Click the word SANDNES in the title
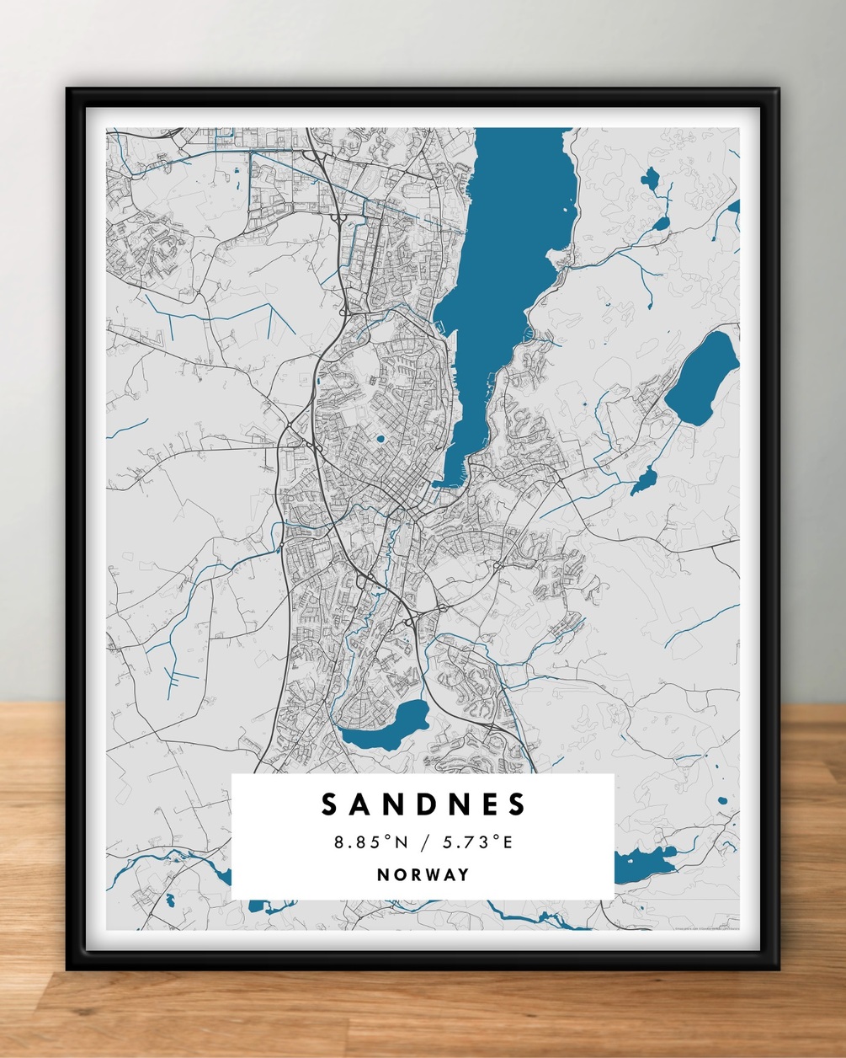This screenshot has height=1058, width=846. pos(423,804)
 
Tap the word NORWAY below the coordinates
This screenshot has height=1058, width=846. pos(423,874)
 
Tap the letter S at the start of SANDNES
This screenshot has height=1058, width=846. pos(330,804)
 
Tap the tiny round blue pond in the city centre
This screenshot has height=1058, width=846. pos(380,438)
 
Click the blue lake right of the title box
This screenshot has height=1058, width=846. pos(644,863)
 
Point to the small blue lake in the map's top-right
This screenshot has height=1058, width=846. pos(650,178)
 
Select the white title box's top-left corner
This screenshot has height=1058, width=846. pos(233,776)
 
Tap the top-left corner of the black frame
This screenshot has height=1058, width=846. pos(68,88)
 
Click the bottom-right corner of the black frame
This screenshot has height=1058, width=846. pos(777,969)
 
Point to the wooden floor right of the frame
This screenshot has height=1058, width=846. pos(812,842)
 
